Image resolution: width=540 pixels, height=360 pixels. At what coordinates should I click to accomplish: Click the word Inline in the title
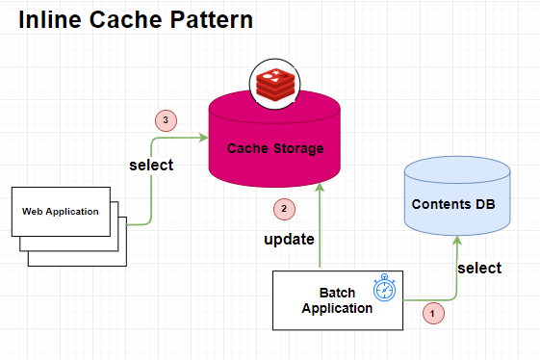[51, 18]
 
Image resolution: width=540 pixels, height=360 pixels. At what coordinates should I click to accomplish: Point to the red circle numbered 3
[167, 120]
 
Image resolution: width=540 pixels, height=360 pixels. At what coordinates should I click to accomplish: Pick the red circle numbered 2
[281, 207]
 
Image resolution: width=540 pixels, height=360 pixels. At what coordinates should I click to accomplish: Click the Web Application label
[61, 211]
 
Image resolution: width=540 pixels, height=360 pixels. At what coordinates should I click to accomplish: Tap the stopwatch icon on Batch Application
[385, 289]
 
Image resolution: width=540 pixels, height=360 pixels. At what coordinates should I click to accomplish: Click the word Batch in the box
[337, 293]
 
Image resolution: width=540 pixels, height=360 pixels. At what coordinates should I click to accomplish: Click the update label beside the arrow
[290, 238]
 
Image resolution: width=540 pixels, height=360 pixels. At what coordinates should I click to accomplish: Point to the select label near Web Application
[151, 165]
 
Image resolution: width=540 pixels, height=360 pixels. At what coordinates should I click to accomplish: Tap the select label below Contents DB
[479, 268]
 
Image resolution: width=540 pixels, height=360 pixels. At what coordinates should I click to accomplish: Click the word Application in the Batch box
[337, 308]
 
